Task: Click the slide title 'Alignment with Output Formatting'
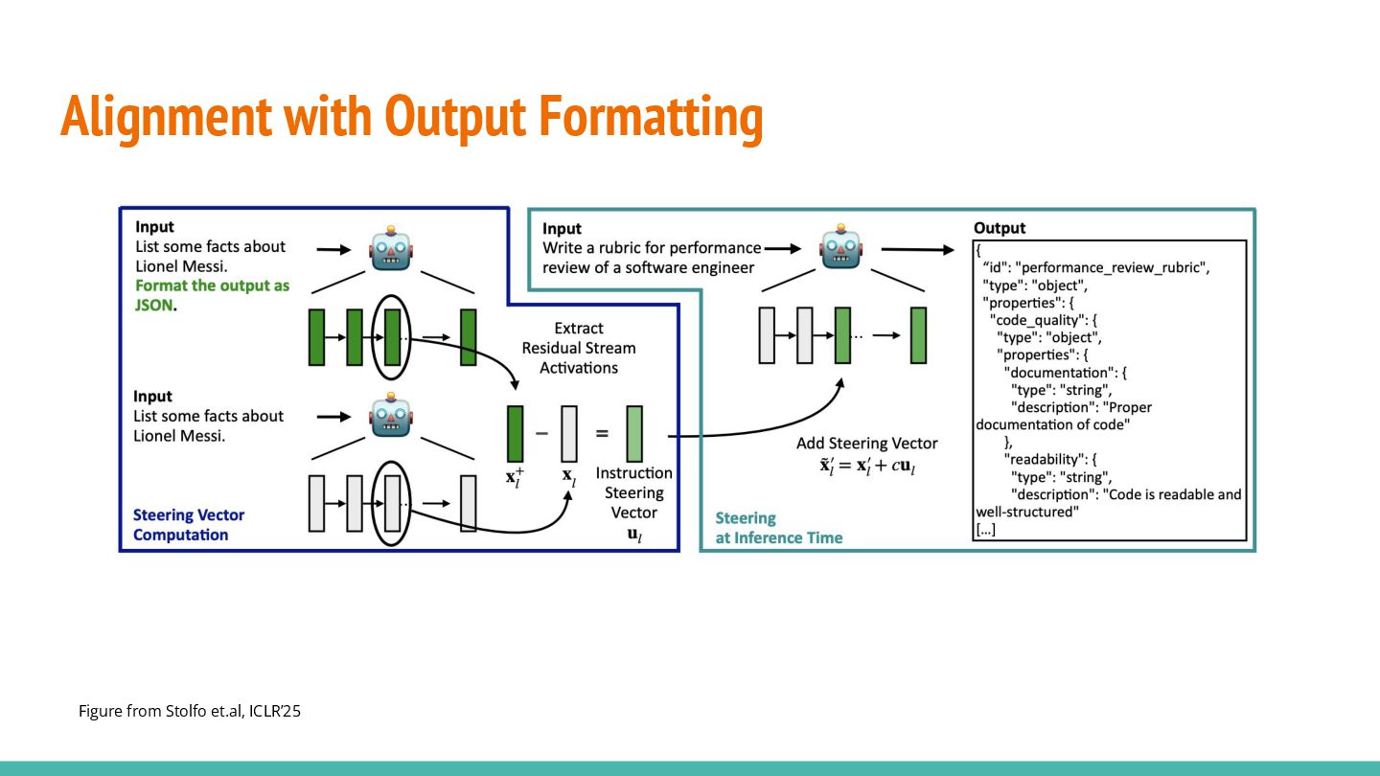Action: pos(411,118)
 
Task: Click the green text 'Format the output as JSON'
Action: pos(212,296)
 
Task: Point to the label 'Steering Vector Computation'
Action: pos(189,525)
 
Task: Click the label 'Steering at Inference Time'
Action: pos(778,528)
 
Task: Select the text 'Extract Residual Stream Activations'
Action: pos(578,348)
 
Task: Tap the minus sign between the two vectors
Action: pos(541,433)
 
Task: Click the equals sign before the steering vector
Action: pos(602,433)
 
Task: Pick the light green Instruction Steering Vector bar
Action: pos(634,434)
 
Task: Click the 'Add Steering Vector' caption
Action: pos(866,444)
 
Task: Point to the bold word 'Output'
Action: pos(1000,228)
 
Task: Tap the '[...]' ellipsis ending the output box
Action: pos(986,529)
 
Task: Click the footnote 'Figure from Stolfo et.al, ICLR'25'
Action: pos(190,712)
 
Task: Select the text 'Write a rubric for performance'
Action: pos(652,248)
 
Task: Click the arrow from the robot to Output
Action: pos(918,250)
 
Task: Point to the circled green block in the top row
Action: pos(391,337)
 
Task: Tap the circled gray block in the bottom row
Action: pos(391,503)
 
